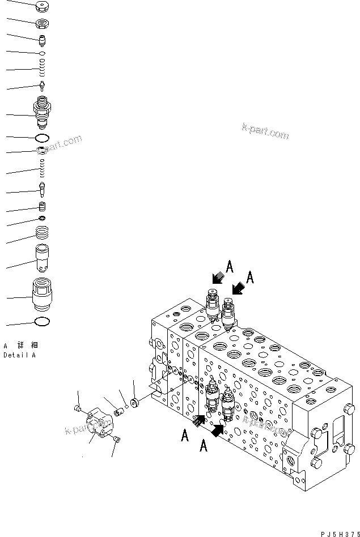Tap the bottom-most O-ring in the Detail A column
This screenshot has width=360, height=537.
pos(43,322)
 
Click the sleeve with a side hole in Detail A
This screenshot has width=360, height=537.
pos(43,257)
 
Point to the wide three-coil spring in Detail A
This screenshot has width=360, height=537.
pos(43,232)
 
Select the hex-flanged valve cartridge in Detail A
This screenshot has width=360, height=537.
pos(43,113)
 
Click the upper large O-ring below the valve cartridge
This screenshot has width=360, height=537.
pos(43,138)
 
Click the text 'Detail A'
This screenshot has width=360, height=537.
pos(19,355)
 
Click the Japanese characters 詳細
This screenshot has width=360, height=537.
pos(24,345)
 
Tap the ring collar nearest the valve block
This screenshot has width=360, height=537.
pos(134,403)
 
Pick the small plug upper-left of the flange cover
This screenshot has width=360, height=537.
pos(79,409)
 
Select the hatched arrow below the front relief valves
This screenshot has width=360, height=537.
pos(200,420)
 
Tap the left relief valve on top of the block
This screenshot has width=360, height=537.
pos(213,305)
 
